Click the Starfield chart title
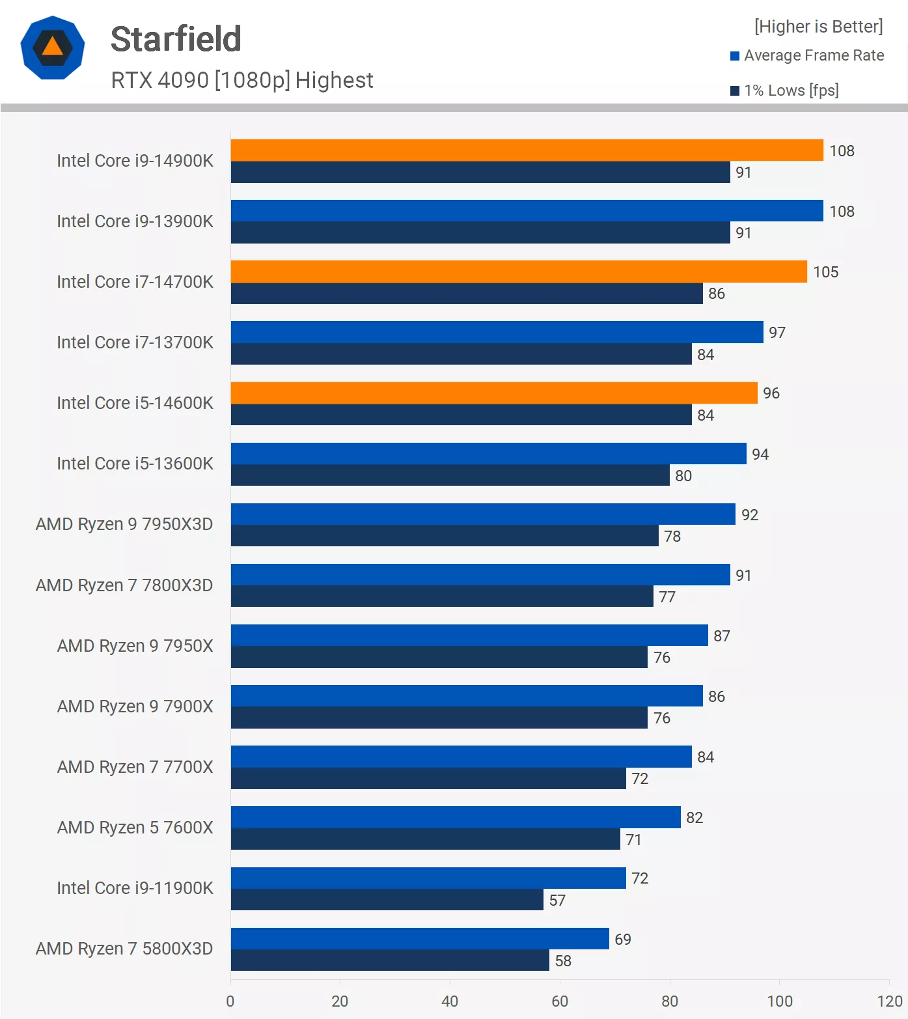coord(176,39)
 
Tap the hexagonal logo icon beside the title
coord(53,48)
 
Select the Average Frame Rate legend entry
coord(807,55)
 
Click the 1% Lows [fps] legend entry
coord(785,91)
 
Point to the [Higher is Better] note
coord(818,27)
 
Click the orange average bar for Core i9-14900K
coord(527,150)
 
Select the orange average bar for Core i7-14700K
coord(519,272)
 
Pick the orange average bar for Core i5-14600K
coord(494,393)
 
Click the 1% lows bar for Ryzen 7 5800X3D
coord(390,960)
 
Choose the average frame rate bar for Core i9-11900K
coord(428,878)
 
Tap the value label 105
coord(825,272)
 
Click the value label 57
coord(557,900)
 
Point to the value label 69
coord(623,939)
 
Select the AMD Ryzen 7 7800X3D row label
coord(124,585)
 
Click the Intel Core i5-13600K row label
coord(135,464)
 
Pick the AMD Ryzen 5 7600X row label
coord(135,828)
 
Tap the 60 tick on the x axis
coord(560,1001)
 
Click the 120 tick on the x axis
coord(889,1001)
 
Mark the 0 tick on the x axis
coord(230,1001)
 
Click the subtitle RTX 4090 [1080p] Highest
coord(242,80)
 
